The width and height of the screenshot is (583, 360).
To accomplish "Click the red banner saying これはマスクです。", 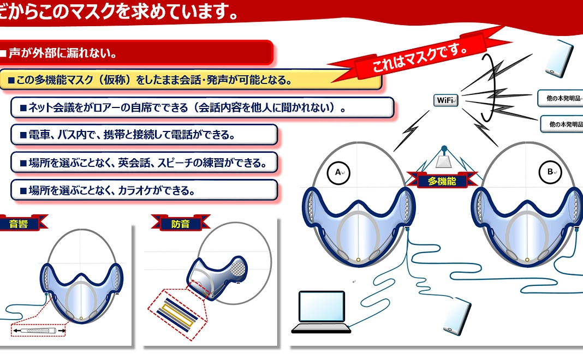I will [x=420, y=56].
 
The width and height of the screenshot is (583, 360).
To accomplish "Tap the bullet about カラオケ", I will [x=144, y=190].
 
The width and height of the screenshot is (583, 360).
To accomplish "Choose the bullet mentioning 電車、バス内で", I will [x=144, y=134].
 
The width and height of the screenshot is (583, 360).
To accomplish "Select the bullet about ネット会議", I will [x=202, y=107].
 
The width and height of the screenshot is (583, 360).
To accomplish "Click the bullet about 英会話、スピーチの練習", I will [x=144, y=162].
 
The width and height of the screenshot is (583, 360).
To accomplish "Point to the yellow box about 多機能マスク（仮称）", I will [x=191, y=80].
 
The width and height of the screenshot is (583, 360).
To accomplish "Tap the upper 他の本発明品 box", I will [x=560, y=99].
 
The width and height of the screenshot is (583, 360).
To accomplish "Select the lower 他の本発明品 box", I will [x=562, y=124].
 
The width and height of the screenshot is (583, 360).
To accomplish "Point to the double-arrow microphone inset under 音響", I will [x=38, y=331].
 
